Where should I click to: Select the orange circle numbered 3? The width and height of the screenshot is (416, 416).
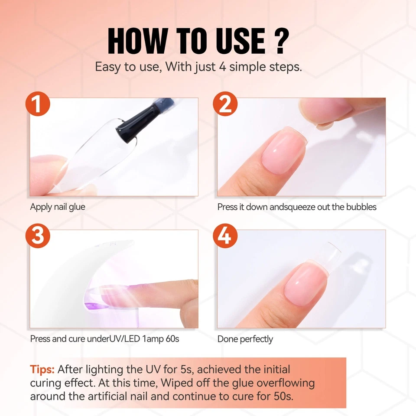(38, 236)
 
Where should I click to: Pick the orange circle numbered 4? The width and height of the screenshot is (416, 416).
(225, 236)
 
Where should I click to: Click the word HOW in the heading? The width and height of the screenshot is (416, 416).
(136, 42)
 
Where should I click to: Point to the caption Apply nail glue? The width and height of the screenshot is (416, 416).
(57, 207)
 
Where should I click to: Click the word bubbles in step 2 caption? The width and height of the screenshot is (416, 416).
(361, 207)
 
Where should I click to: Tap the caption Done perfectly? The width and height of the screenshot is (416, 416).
(245, 339)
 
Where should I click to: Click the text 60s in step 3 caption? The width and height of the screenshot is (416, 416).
(172, 339)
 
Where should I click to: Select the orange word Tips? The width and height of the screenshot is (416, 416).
(42, 370)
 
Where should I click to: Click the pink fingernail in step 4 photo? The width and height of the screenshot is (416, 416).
(305, 284)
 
